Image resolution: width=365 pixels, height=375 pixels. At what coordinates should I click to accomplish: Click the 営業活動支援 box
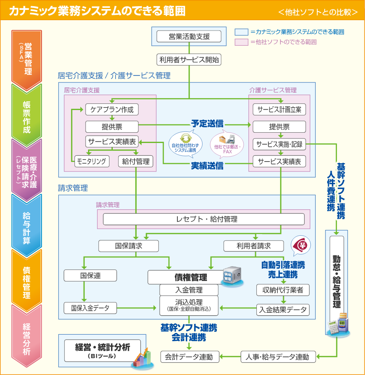pos(189,36)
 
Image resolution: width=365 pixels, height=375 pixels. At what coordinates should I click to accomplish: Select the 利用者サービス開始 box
pos(189,60)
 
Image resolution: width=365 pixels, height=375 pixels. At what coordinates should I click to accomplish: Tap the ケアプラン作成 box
pos(112,110)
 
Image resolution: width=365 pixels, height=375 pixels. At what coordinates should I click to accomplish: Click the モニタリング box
pos(92,161)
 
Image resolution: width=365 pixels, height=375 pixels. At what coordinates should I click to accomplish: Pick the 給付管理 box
pos(136,161)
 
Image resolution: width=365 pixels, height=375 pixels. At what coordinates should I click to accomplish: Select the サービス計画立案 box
pos(279,110)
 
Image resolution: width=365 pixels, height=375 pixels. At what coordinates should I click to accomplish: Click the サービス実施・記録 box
pos(279,144)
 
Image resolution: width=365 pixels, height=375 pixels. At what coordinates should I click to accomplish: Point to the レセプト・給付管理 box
pos(204,219)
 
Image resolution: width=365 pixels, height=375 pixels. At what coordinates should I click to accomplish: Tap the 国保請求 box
pos(128,246)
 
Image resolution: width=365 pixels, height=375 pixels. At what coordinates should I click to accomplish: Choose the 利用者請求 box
pos(253,246)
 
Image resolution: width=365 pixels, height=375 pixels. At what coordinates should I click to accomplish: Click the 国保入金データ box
pos(90,307)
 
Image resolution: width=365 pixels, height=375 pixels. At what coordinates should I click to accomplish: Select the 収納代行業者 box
pos(283,290)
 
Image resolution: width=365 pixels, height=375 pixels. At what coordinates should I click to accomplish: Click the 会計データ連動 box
pos(189,357)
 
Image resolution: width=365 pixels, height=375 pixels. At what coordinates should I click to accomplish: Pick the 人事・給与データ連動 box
pos(278,357)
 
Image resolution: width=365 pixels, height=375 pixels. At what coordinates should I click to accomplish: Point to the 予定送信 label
pos(207,123)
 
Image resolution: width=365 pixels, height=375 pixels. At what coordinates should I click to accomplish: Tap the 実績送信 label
pos(207,166)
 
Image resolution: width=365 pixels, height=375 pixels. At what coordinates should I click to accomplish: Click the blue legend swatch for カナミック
pos(241,32)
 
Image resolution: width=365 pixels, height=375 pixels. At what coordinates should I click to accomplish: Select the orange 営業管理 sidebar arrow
pos(27,59)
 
